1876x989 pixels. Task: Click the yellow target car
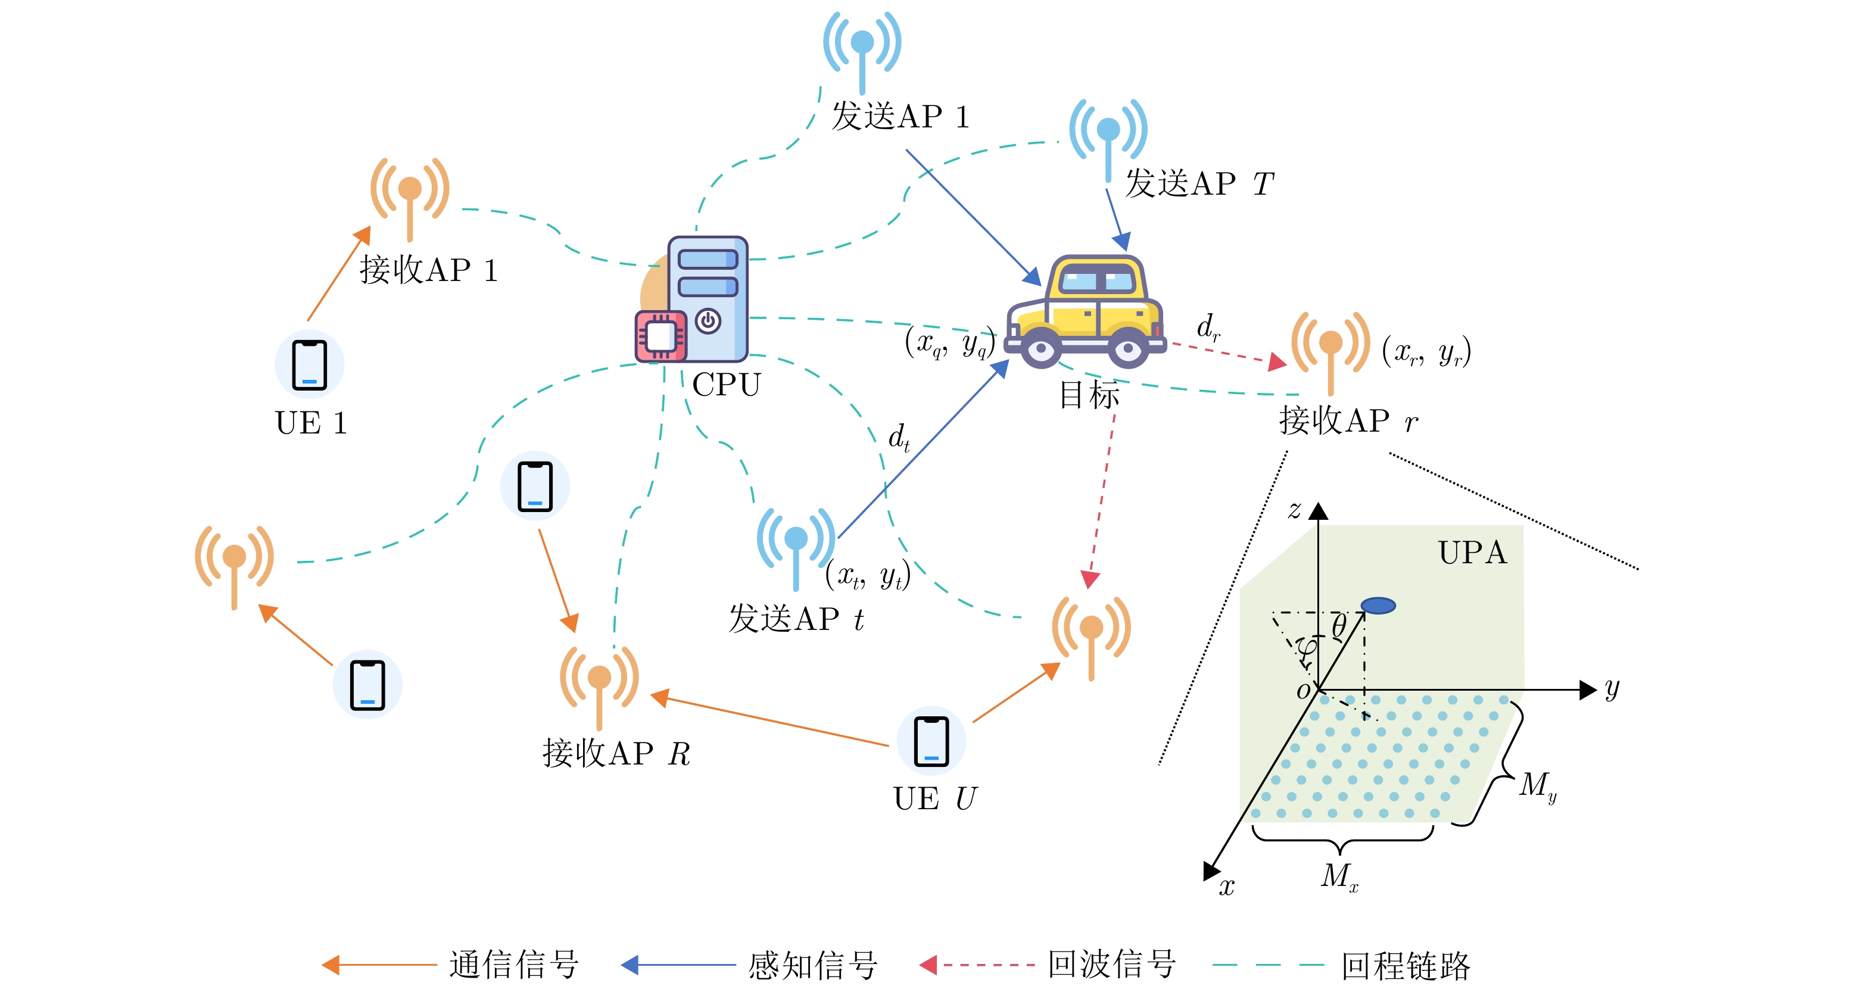point(1085,313)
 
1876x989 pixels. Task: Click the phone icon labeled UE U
point(931,741)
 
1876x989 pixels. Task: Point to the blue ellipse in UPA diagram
point(1378,605)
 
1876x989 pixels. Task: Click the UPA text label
point(1472,553)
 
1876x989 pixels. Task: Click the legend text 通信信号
point(514,965)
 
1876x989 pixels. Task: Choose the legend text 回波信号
point(1112,965)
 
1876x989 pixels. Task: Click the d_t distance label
point(899,438)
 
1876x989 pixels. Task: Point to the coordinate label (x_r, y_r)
point(1426,352)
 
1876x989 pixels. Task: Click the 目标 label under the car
point(1089,395)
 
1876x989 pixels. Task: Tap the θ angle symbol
point(1339,625)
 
